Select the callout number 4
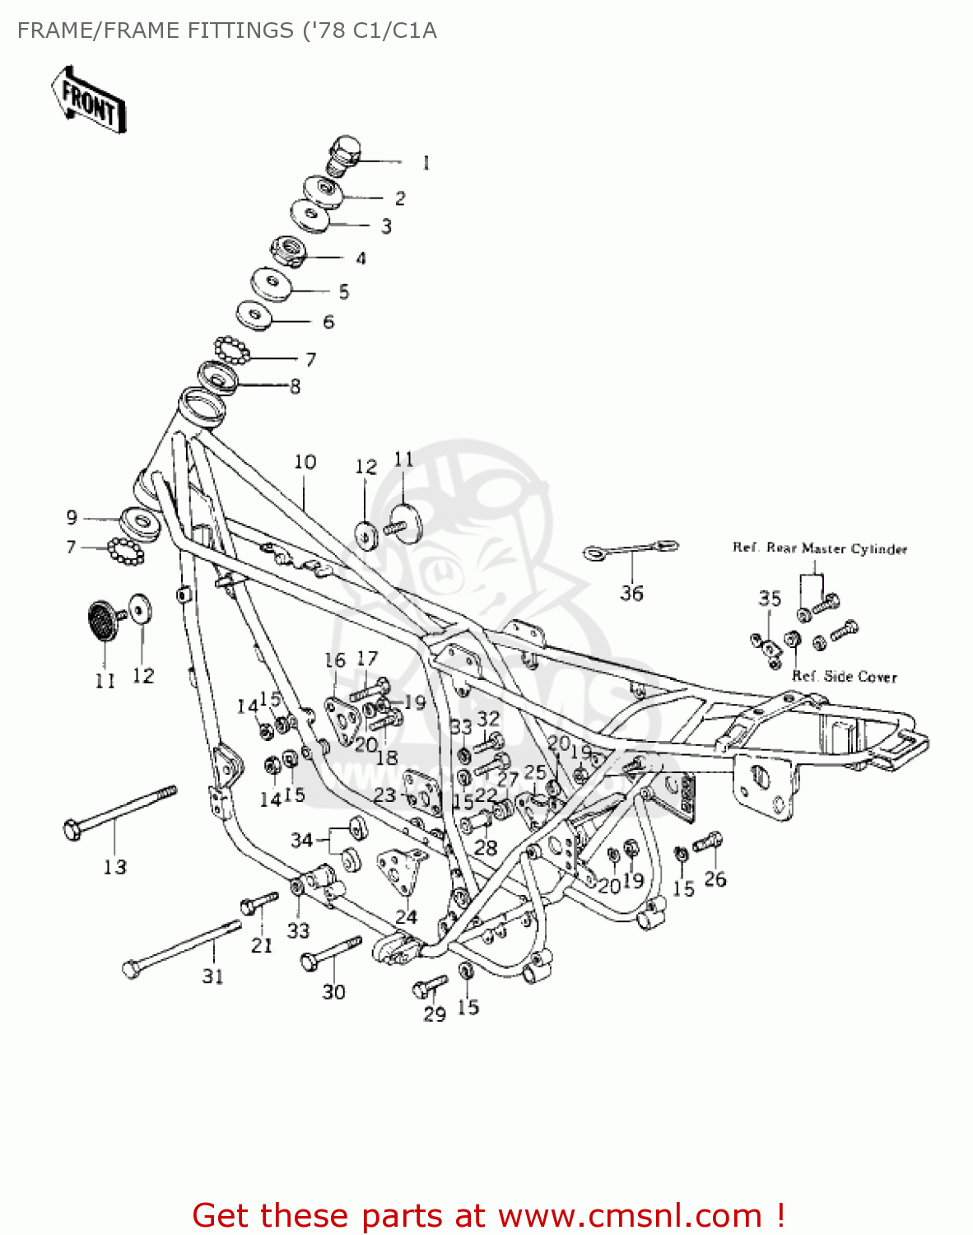coord(361,259)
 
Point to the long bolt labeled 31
coord(181,947)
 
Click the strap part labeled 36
coord(631,549)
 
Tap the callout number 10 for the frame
coord(305,462)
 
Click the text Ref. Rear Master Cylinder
coord(820,548)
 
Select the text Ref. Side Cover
coord(844,677)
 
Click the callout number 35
coord(770,599)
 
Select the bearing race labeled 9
coord(139,524)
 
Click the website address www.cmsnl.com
coord(630,1215)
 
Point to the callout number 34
coord(301,840)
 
